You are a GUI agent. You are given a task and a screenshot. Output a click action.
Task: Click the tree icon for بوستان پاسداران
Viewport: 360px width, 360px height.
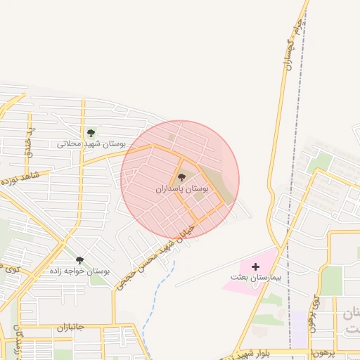click(182, 179)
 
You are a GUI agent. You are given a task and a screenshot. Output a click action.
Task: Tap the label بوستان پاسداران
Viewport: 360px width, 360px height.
click(182, 190)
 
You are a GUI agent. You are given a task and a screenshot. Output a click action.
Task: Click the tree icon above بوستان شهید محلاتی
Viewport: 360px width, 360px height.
click(90, 133)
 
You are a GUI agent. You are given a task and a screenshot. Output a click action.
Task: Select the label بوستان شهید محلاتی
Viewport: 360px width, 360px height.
click(91, 144)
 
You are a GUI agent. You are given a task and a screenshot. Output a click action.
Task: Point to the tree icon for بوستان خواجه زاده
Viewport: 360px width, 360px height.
click(79, 260)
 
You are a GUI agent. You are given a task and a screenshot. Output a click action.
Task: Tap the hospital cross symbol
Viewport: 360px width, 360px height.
click(255, 266)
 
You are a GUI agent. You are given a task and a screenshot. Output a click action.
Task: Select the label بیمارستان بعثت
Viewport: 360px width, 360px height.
click(256, 278)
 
